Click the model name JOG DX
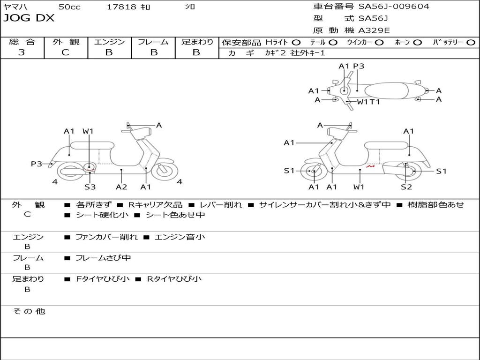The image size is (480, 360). pos(29,18)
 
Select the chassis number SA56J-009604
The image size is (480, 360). pos(394,7)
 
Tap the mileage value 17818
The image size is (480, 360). pos(121,7)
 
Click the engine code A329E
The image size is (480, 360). pos(374,31)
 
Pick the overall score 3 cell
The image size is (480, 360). pos(22,52)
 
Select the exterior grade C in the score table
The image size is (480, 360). pos(65,52)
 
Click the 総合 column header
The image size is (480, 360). pos(22,42)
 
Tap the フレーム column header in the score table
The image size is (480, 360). pos(153,42)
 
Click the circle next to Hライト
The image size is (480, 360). pos(296,42)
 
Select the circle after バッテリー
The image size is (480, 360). pos(471,42)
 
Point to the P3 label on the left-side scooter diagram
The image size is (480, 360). pos(37,164)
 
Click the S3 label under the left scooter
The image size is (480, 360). pos(90,187)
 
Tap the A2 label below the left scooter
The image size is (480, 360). pos(121,187)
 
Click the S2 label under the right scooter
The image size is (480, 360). pos(406,187)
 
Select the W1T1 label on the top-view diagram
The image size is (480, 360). pos(368,102)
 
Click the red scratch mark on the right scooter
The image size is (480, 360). pos(371,166)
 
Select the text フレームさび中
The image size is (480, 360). pos(103,258)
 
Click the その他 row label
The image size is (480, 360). pos(29,311)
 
